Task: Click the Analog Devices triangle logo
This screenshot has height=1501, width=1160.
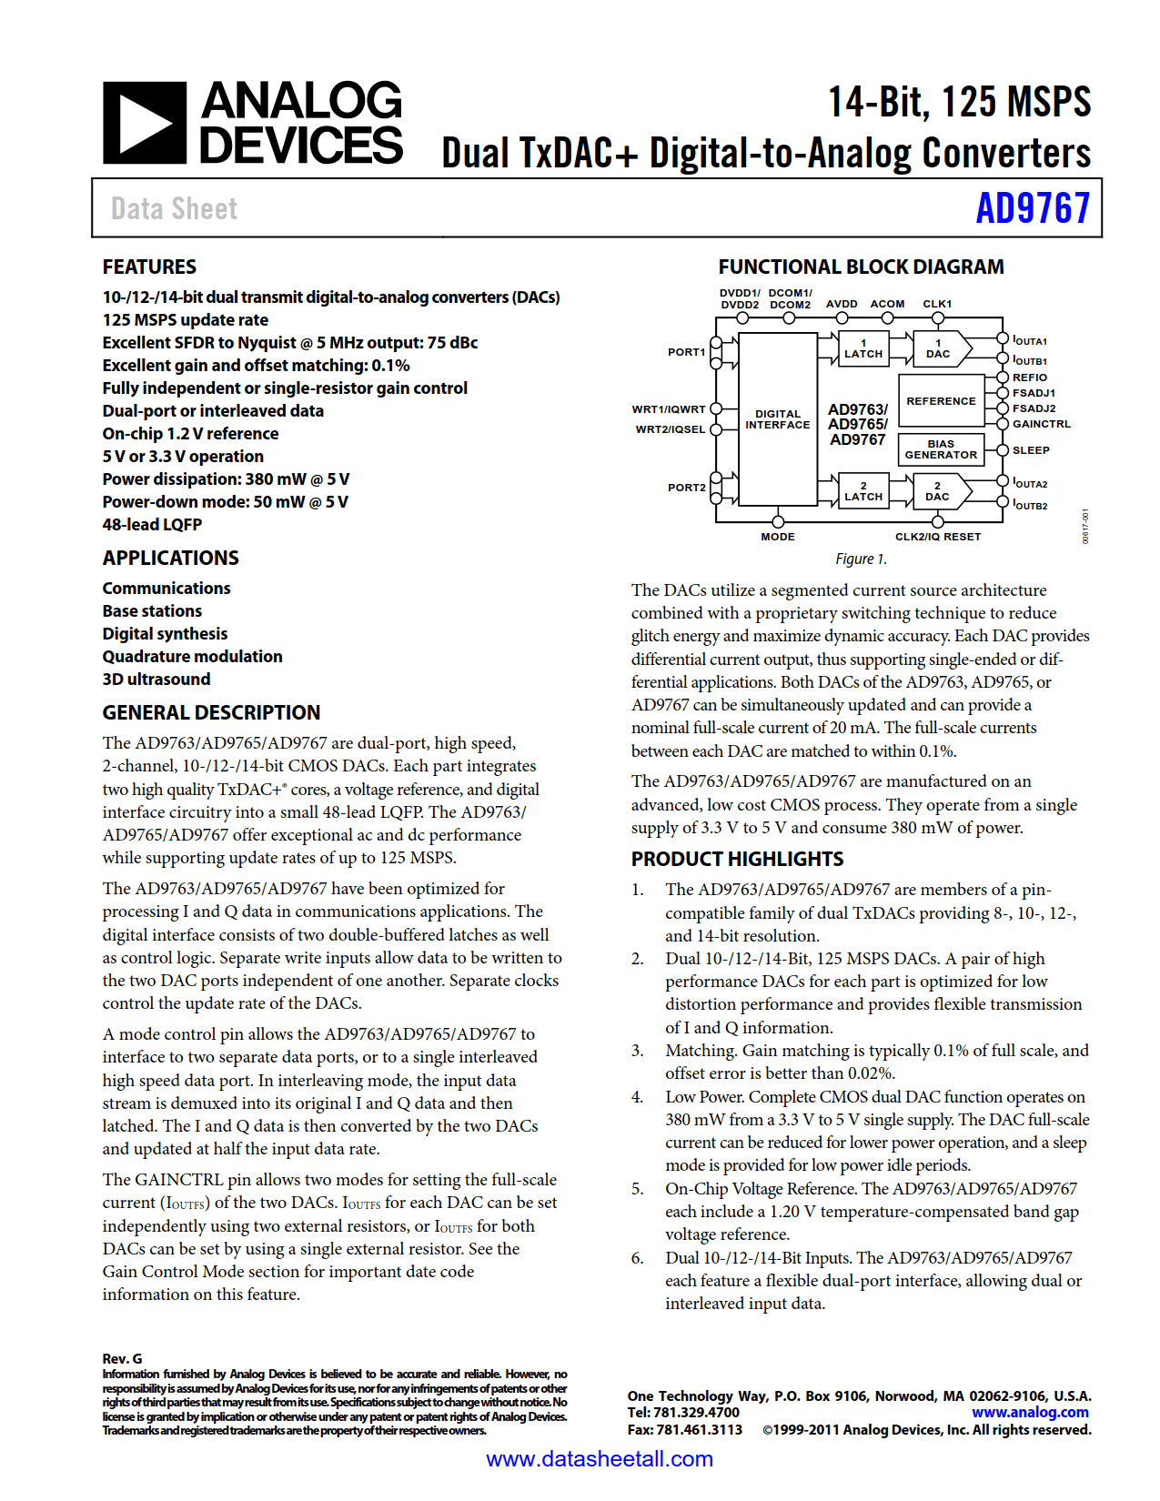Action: [x=145, y=123]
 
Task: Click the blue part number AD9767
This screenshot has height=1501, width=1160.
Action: [x=1032, y=208]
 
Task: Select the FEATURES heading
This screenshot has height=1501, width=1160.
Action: [x=149, y=267]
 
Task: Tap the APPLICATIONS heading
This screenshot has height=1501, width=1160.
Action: [x=170, y=558]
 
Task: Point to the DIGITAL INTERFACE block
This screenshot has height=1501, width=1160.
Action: [x=777, y=419]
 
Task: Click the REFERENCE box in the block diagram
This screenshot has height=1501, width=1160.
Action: [x=941, y=401]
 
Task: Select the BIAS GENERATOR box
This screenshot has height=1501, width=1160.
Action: [x=941, y=449]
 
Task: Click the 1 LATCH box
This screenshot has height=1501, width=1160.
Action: [x=863, y=348]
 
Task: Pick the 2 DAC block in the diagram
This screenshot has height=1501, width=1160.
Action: [x=938, y=491]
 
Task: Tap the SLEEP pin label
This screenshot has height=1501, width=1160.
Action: [x=1031, y=450]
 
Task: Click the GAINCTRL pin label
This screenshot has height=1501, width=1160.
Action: [x=1042, y=424]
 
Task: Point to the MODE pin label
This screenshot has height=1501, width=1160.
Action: [x=778, y=537]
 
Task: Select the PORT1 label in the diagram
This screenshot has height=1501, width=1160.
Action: [x=686, y=352]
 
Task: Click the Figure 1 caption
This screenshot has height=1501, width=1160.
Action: [x=861, y=559]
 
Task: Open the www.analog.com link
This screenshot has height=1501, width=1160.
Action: [x=1030, y=1412]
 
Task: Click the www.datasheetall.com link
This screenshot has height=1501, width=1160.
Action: [x=600, y=1459]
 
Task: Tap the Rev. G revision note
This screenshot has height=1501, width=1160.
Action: [x=122, y=1358]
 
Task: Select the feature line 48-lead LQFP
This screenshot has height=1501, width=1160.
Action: [x=152, y=525]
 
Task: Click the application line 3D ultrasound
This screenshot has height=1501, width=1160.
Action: [x=156, y=680]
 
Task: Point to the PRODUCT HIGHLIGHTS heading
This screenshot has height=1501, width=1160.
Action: [x=737, y=859]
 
